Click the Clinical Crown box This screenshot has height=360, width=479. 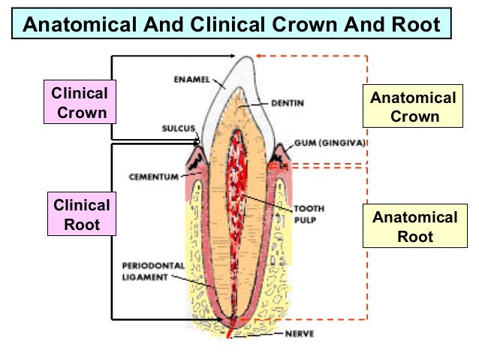tap(80, 102)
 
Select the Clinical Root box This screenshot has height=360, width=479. tap(82, 213)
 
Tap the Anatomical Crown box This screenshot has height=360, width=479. tap(413, 106)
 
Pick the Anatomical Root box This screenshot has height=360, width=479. tap(415, 225)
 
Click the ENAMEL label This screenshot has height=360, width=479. tap(192, 80)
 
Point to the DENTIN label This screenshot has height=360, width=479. tap(288, 103)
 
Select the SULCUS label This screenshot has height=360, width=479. tap(179, 129)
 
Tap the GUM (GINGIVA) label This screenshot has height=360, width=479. tap(330, 143)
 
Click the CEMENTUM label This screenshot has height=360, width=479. tap(154, 177)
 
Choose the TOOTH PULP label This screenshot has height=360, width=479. tap(309, 214)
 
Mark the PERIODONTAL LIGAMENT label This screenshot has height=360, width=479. tap(153, 271)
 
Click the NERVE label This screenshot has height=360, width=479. tap(300, 334)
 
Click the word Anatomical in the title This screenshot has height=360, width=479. tap(80, 24)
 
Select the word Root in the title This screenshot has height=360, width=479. tap(416, 24)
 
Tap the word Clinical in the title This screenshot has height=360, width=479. tap(227, 24)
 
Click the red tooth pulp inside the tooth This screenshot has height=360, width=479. tap(236, 199)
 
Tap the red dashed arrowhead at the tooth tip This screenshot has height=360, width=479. tap(258, 56)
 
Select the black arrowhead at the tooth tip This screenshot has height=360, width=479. tap(233, 56)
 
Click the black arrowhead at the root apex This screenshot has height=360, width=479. tap(220, 319)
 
